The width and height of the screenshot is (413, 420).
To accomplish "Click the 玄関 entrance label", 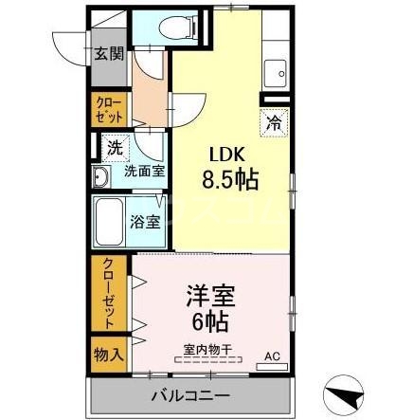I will click(108, 54).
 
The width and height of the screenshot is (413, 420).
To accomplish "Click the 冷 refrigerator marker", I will click(272, 121).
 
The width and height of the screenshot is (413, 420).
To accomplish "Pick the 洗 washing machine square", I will click(113, 148).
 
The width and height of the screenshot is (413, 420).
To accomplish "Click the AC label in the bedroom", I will click(273, 356).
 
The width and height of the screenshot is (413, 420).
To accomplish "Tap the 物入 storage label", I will click(108, 355).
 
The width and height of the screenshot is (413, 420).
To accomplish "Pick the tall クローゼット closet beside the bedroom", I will click(108, 294).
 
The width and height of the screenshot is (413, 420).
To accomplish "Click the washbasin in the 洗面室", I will click(101, 177).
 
